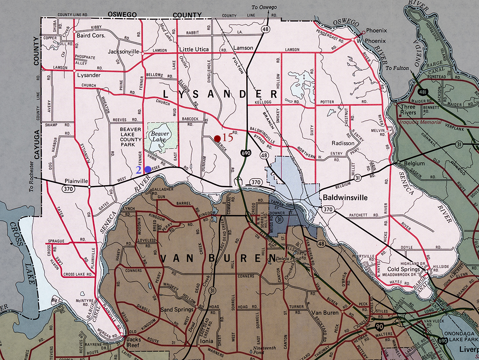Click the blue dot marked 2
(x=148, y=169)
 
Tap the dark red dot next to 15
(x=217, y=138)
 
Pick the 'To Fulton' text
(x=397, y=68)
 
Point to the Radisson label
(x=343, y=143)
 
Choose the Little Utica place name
(x=194, y=49)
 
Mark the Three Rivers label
(x=408, y=110)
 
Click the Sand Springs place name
(x=177, y=310)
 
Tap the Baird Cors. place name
(x=91, y=35)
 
